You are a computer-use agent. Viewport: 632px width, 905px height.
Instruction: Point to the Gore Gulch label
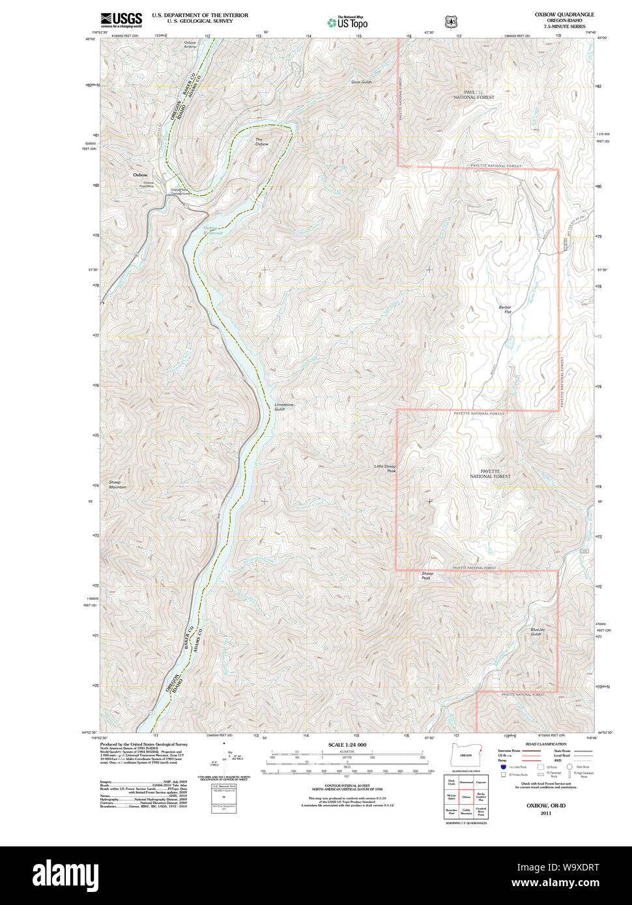(x=361, y=82)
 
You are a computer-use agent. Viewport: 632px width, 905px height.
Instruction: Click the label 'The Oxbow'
(x=261, y=142)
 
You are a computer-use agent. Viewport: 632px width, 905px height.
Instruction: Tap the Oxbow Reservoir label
(x=212, y=230)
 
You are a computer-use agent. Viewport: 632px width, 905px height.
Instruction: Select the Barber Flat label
(x=505, y=309)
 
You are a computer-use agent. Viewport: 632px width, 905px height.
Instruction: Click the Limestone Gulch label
(x=284, y=407)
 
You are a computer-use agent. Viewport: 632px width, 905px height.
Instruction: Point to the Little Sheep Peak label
(x=384, y=468)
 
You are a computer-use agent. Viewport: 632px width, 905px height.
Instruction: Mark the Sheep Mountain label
(x=118, y=485)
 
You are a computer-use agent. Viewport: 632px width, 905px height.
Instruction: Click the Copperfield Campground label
(x=180, y=192)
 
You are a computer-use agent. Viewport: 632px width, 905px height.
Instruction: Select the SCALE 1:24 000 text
(x=347, y=745)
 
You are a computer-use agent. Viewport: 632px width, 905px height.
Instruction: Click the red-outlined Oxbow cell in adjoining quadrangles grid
(x=466, y=796)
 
